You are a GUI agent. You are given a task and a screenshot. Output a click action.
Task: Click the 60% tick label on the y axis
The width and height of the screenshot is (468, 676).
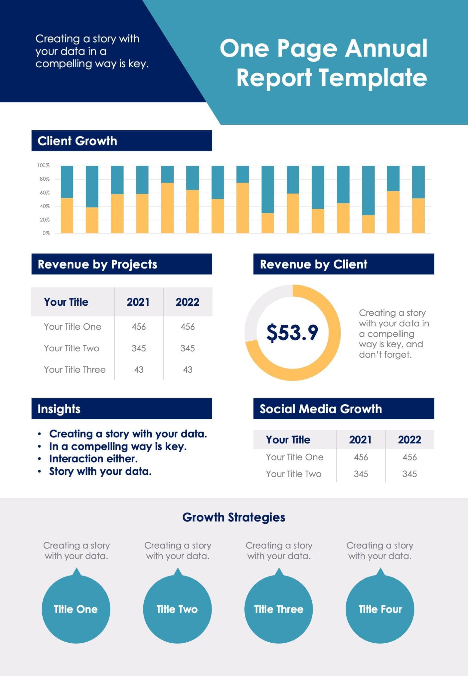[44, 193]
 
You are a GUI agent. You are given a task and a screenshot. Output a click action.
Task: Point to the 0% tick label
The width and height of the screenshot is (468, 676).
[46, 233]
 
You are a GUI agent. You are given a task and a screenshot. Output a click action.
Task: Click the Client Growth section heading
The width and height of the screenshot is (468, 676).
[77, 141]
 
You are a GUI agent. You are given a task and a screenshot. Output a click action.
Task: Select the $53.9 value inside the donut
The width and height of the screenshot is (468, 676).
[292, 333]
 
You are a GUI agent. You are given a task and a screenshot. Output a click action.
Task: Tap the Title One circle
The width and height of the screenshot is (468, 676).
[76, 609]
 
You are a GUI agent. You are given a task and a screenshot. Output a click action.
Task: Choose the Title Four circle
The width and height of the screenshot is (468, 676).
[380, 609]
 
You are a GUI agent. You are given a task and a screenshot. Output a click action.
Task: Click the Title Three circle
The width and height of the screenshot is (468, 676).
[279, 609]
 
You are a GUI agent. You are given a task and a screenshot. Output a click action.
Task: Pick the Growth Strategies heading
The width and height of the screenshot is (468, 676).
[234, 517]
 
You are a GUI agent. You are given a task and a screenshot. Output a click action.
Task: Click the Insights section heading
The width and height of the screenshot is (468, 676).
[59, 409]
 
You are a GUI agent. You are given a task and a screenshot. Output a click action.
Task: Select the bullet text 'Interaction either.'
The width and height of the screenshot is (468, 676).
[93, 459]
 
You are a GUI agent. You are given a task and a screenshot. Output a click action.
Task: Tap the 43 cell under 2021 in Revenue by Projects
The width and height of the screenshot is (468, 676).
[139, 370]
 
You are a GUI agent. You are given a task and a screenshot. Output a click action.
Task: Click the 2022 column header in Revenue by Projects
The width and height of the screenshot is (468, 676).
[187, 302]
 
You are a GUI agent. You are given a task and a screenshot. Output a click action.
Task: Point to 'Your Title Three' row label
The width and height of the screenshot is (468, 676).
[75, 370]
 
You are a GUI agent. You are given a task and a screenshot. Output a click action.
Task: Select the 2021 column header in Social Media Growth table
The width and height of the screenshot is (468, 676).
[360, 440]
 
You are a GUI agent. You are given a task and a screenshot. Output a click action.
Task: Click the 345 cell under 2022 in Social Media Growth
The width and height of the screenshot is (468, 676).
[409, 474]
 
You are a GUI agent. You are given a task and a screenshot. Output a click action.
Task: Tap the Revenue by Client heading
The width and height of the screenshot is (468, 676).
[314, 265]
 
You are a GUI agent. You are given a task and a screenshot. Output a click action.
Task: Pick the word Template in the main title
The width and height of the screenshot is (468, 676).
[373, 78]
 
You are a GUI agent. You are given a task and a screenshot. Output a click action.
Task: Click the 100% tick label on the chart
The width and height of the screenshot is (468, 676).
[43, 166]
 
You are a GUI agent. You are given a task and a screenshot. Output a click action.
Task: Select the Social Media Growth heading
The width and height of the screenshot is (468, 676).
[320, 409]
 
